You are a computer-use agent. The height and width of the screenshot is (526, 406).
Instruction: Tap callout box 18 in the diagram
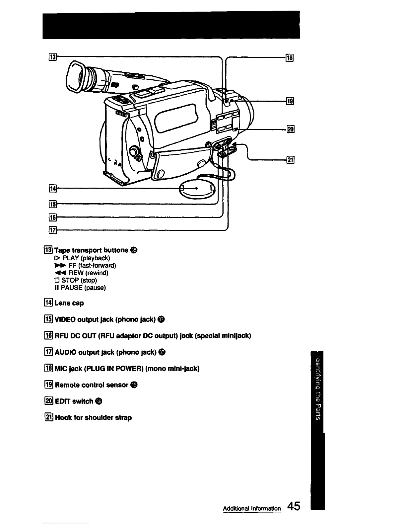click(x=290, y=58)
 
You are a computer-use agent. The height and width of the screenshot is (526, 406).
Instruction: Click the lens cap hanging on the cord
click(x=197, y=189)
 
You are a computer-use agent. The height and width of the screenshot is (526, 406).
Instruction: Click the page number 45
click(x=294, y=506)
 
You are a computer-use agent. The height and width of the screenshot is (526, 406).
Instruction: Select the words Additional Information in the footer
click(x=252, y=508)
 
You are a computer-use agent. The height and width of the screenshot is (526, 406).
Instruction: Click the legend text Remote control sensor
click(x=92, y=385)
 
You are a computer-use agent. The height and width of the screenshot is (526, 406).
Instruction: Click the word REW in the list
click(x=75, y=273)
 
